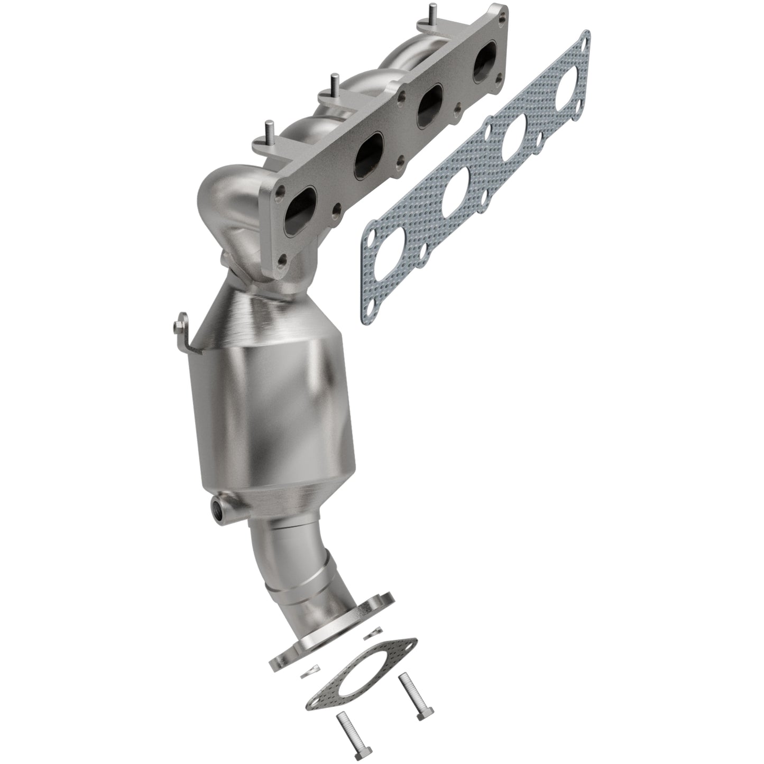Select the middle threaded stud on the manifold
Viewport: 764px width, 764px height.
pyautogui.click(x=333, y=83)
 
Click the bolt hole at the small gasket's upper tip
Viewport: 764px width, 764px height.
pyautogui.click(x=407, y=644)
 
